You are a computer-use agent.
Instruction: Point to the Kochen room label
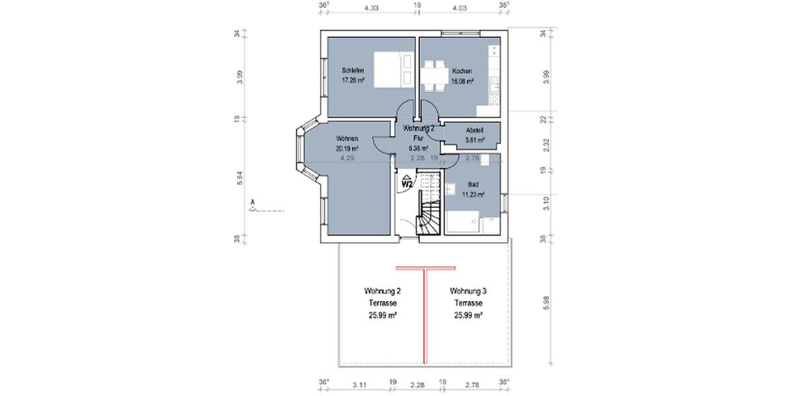(x=461, y=71)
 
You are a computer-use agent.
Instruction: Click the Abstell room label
(x=475, y=131)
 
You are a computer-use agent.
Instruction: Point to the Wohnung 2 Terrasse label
(x=382, y=291)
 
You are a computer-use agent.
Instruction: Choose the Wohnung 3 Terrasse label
(x=468, y=291)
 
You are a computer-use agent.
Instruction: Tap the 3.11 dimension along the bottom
(x=360, y=383)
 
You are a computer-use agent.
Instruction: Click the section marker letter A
(x=252, y=201)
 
